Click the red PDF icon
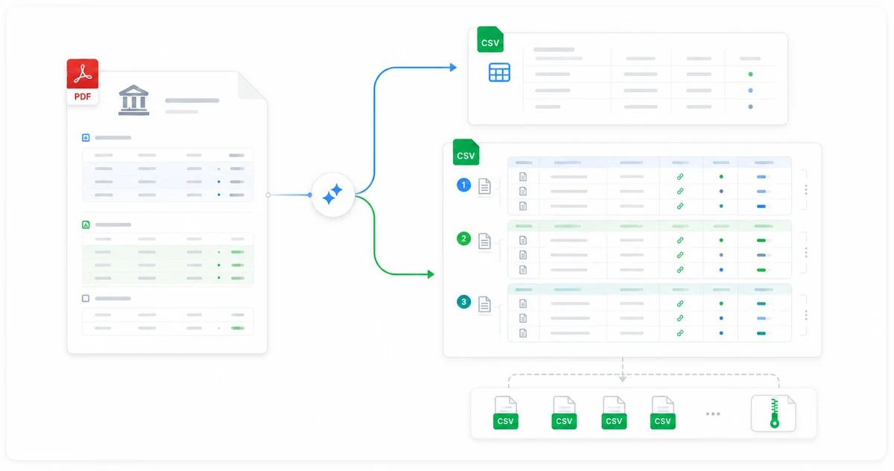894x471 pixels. [x=82, y=81]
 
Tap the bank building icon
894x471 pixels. [x=133, y=100]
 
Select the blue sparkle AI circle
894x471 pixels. [x=333, y=195]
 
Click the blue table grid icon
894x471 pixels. [x=499, y=72]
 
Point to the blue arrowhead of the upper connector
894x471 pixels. [x=453, y=68]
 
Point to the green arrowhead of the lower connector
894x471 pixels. [x=431, y=274]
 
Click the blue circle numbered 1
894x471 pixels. [x=463, y=185]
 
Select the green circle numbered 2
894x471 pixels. [x=463, y=238]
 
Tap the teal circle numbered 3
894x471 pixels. [x=463, y=302]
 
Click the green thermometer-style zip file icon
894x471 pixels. [x=773, y=413]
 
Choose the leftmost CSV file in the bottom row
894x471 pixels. [x=506, y=413]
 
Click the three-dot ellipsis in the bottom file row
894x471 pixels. [x=713, y=414]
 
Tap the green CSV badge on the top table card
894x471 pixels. [x=490, y=39]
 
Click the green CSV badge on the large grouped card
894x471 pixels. [x=466, y=152]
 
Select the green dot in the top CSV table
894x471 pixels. [x=750, y=75]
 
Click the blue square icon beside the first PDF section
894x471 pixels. [x=86, y=138]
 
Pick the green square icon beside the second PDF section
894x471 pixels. [x=86, y=225]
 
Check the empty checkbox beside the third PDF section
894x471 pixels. [x=86, y=299]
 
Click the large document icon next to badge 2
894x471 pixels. [x=484, y=241]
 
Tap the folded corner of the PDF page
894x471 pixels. [x=250, y=85]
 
